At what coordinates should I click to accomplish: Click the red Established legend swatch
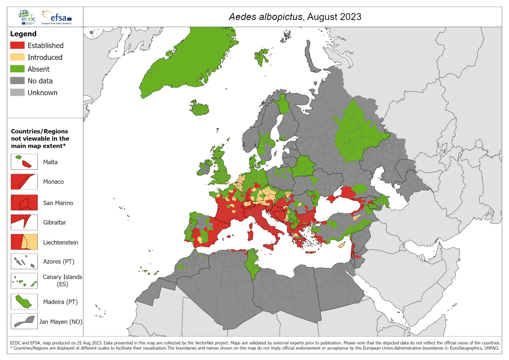(18, 46)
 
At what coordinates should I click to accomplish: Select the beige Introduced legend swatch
(18, 57)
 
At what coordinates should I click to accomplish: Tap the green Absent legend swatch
(18, 69)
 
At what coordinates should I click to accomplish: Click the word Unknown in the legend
(42, 93)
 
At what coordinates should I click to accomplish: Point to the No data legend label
(40, 81)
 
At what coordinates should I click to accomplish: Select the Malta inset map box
(24, 162)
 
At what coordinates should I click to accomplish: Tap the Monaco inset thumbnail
(24, 182)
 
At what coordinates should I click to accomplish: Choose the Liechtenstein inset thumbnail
(24, 242)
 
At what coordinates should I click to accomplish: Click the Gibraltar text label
(55, 222)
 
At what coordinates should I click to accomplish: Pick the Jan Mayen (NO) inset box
(24, 321)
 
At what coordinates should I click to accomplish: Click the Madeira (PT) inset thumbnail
(24, 302)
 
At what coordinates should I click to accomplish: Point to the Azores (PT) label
(59, 262)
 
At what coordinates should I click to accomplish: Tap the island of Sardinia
(250, 235)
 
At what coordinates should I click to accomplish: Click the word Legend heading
(23, 34)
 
